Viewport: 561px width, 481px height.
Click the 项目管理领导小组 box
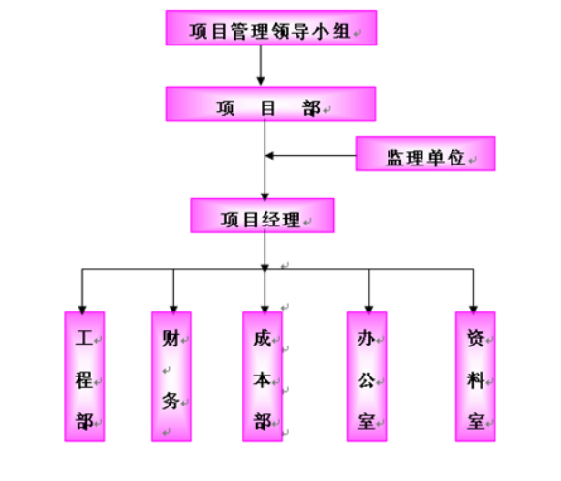[x=271, y=27]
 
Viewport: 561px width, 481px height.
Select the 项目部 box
[x=270, y=104]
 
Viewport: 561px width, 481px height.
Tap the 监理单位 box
[x=425, y=154]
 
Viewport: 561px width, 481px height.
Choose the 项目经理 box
[x=263, y=216]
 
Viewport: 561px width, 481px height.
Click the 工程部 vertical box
[x=84, y=376]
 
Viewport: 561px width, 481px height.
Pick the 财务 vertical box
[x=171, y=376]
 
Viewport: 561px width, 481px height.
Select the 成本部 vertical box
[x=263, y=376]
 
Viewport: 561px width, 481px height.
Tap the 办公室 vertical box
[x=366, y=376]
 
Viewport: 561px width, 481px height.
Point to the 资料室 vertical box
[x=476, y=376]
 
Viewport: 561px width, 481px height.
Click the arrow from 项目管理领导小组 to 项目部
[x=261, y=66]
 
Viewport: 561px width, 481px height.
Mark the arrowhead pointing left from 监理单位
[x=269, y=156]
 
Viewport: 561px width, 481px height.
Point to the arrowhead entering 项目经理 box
[x=265, y=196]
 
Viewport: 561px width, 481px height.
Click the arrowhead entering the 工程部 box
[x=82, y=310]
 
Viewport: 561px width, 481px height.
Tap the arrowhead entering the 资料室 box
[x=474, y=309]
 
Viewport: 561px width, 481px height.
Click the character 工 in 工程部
[x=84, y=338]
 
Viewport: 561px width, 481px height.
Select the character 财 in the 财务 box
[x=171, y=338]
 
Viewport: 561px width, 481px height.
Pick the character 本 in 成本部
[x=262, y=379]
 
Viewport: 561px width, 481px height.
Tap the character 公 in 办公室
[x=366, y=379]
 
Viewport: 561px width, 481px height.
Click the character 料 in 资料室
[x=476, y=379]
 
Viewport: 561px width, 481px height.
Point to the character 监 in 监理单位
[x=395, y=158]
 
